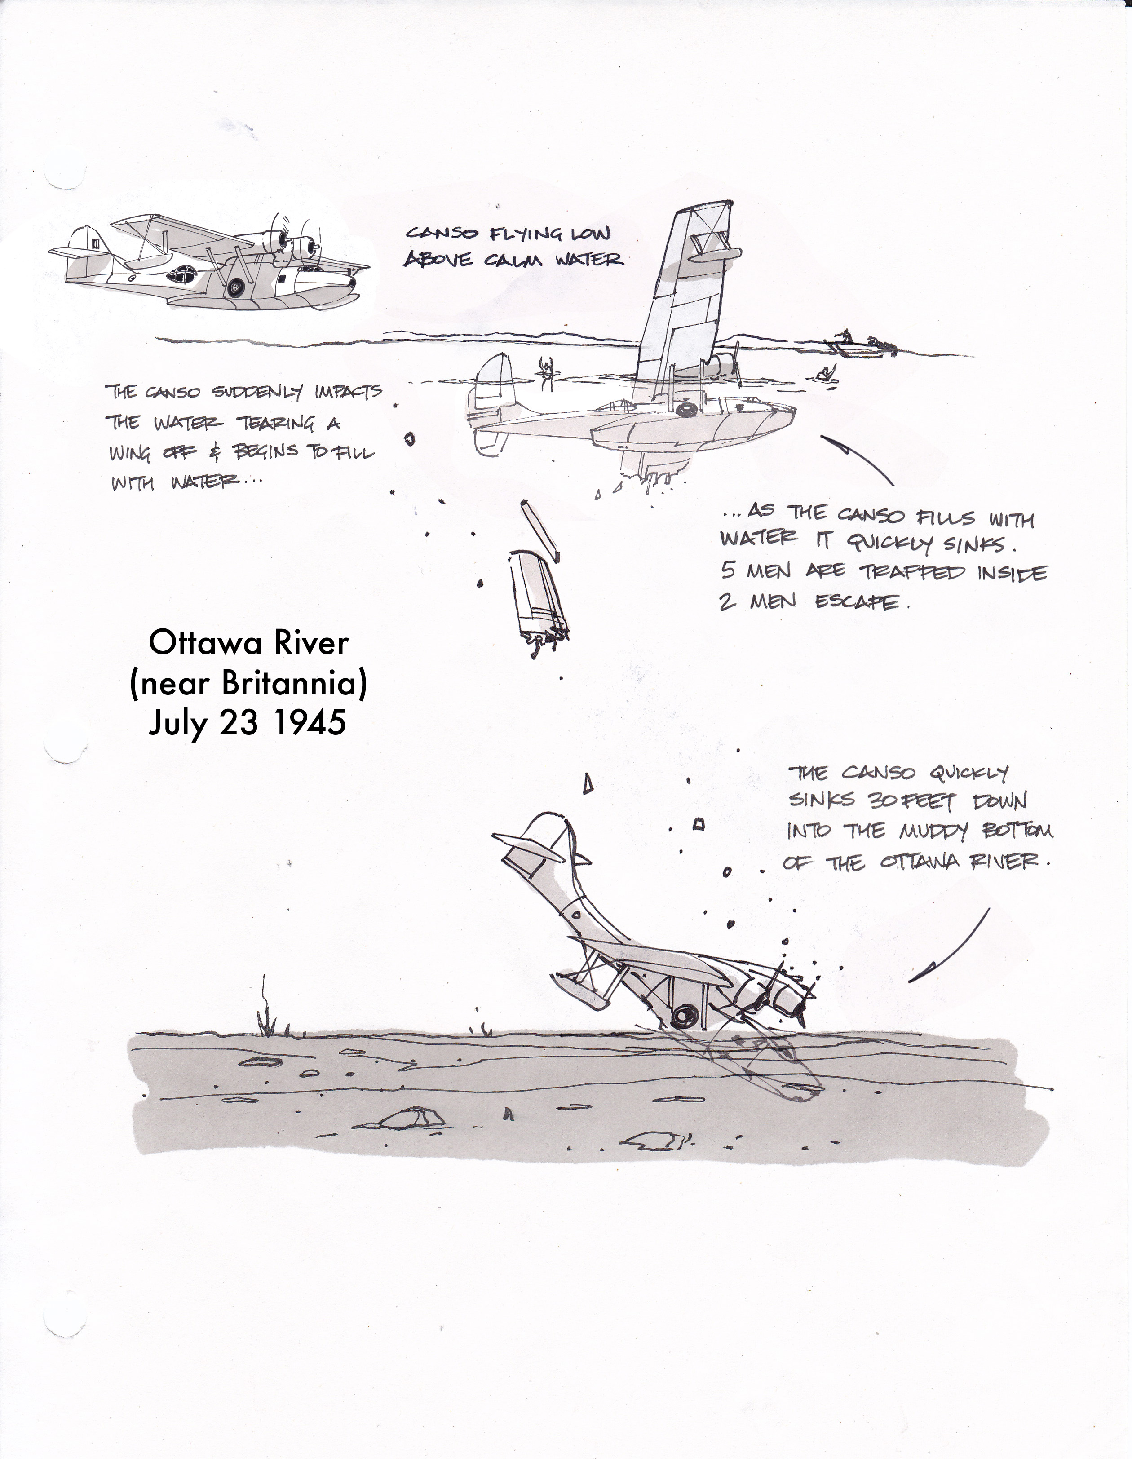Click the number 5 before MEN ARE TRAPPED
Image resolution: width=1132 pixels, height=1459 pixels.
pyautogui.click(x=728, y=570)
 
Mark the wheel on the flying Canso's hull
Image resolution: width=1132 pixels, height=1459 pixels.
pyautogui.click(x=235, y=287)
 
